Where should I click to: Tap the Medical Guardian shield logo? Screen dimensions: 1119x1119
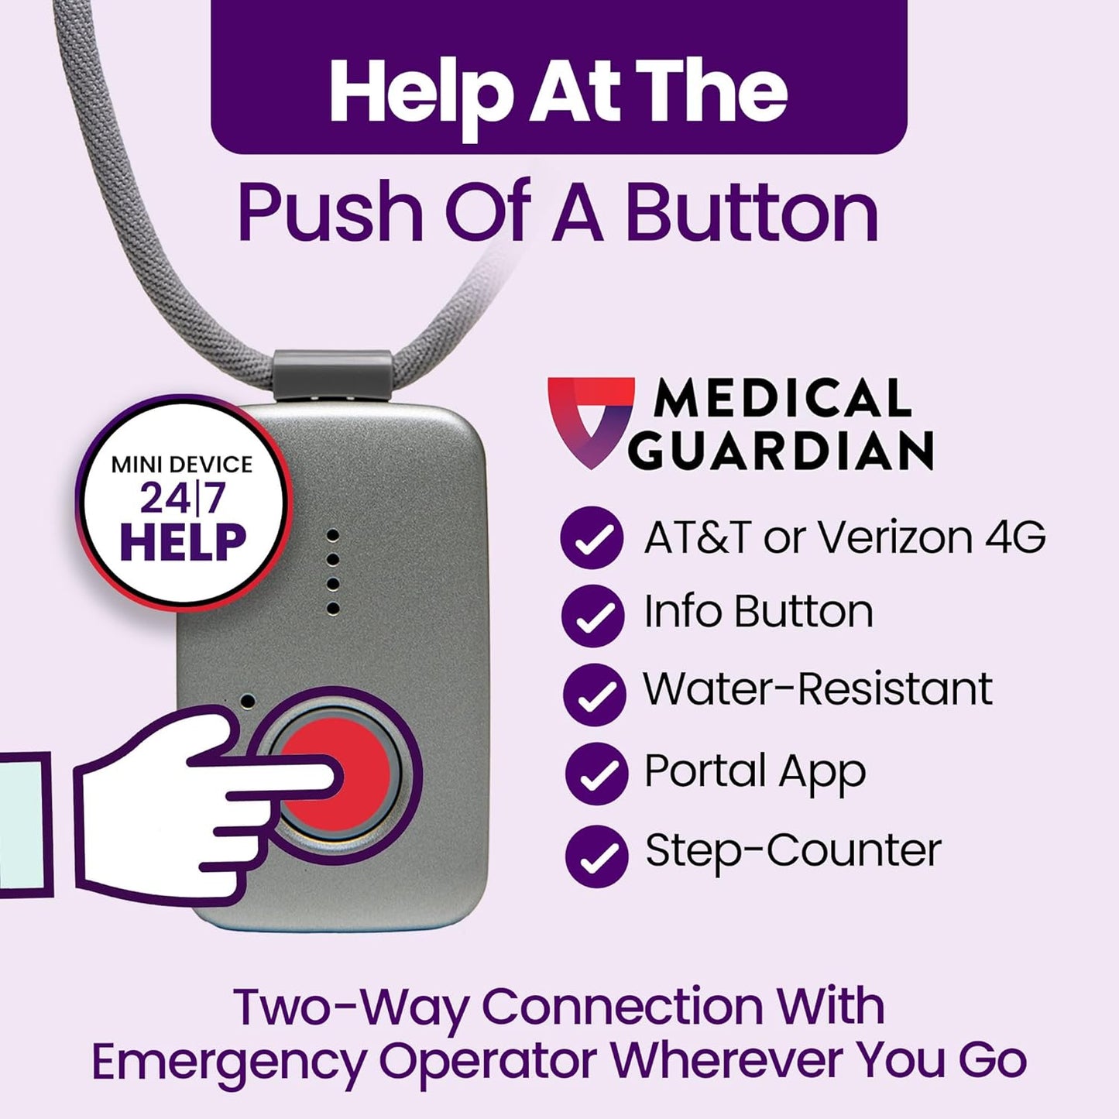pos(590,419)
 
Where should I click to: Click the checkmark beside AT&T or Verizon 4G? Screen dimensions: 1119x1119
pos(592,537)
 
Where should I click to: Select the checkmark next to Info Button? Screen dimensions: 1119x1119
pos(592,615)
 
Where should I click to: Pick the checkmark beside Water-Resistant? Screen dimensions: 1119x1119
pos(594,694)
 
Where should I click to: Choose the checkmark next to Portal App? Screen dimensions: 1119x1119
pos(596,773)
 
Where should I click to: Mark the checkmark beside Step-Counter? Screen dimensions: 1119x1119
pos(596,855)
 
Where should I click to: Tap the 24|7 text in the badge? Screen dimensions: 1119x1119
pos(183,498)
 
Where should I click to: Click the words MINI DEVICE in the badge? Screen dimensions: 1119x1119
pos(182,465)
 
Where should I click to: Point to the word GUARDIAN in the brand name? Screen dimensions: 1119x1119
pos(781,450)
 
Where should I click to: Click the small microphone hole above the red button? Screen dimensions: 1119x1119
pos(248,702)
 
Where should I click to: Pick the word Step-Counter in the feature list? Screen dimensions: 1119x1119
pos(793,850)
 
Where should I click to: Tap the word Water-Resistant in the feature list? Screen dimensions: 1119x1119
pos(818,688)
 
